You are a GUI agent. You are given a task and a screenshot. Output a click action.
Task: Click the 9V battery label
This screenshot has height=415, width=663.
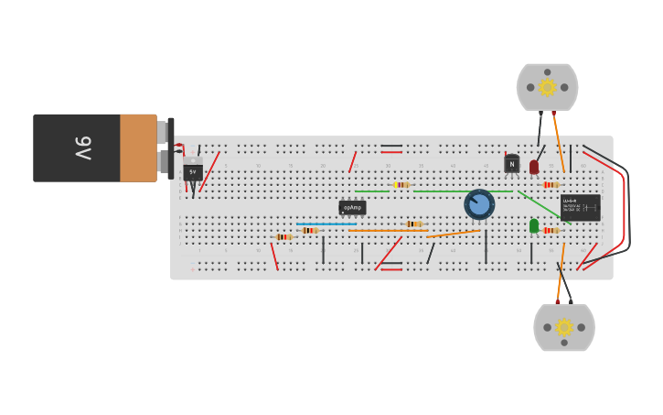82,147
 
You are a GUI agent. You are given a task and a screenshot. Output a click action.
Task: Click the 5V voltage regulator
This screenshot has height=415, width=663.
192,171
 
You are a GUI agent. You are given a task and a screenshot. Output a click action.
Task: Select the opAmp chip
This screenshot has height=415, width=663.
352,208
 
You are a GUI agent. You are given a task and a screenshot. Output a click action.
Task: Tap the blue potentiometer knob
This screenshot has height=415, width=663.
479,203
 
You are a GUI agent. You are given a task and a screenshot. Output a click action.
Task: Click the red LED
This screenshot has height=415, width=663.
534,167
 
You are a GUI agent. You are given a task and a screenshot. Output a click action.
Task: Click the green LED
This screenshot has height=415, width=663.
534,225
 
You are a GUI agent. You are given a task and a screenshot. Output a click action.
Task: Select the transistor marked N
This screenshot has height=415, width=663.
511,164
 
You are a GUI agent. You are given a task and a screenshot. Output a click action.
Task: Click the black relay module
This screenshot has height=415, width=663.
581,206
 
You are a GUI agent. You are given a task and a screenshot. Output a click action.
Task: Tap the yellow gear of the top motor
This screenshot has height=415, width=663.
547,87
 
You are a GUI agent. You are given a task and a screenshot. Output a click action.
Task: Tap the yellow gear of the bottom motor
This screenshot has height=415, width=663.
564,327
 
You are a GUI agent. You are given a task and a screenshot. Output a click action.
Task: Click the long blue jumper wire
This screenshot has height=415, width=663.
326,224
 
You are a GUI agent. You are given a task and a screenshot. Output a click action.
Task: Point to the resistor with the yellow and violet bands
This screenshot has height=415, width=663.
401,185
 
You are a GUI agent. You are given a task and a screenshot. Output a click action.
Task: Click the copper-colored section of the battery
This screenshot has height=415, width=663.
138,147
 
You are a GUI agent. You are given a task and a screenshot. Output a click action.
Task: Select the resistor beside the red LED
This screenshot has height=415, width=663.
551,185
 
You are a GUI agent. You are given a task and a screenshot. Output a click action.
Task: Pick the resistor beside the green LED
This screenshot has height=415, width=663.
551,231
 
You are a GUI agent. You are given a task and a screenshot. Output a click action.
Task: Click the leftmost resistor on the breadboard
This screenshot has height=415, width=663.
283,237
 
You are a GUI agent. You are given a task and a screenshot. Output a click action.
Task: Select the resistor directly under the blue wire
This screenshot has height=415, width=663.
310,230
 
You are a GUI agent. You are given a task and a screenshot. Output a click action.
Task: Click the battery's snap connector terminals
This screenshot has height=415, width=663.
166,147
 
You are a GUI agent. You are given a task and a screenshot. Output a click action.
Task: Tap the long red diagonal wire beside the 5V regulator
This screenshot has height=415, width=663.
209,171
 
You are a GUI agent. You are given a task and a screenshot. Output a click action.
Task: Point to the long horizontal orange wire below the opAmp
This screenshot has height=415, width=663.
388,230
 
